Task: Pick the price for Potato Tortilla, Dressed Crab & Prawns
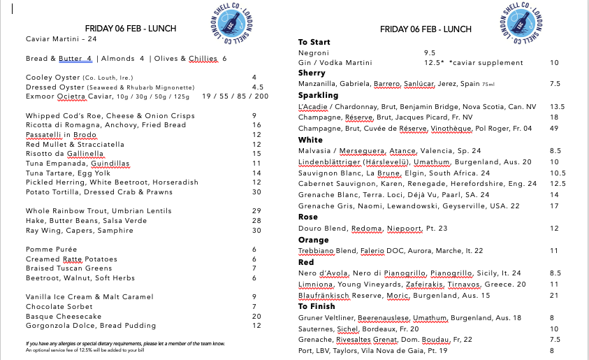pos(256,192)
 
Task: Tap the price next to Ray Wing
pos(256,230)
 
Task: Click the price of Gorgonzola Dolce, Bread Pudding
pos(256,325)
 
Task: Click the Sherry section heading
pos(312,73)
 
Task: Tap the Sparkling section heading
pos(318,95)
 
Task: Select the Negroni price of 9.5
pos(430,52)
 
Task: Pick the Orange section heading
pos(314,240)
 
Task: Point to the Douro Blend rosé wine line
pos(372,228)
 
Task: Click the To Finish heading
pos(317,306)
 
